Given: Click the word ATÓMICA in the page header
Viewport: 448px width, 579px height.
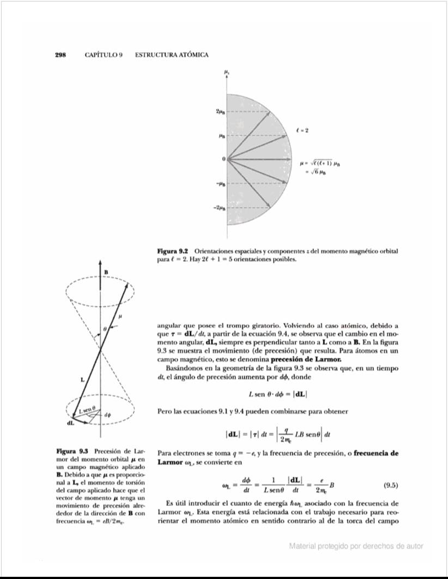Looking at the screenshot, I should click(x=191, y=55).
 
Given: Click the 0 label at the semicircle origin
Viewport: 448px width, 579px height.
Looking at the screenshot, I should click(x=223, y=159).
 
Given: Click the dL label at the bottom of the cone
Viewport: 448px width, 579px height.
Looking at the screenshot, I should click(x=71, y=423).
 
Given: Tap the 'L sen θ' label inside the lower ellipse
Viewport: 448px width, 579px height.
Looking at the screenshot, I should click(x=88, y=409).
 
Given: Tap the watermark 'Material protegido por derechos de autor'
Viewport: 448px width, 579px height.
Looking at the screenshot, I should click(x=356, y=546).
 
